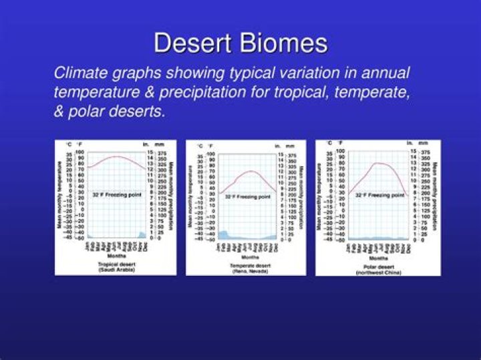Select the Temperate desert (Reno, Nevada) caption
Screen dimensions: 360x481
[245, 267]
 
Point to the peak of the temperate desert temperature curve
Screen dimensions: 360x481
[251, 172]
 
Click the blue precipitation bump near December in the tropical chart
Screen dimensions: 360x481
[142, 234]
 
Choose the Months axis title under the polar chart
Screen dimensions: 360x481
[378, 258]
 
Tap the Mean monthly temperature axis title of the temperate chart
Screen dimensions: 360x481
[190, 194]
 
